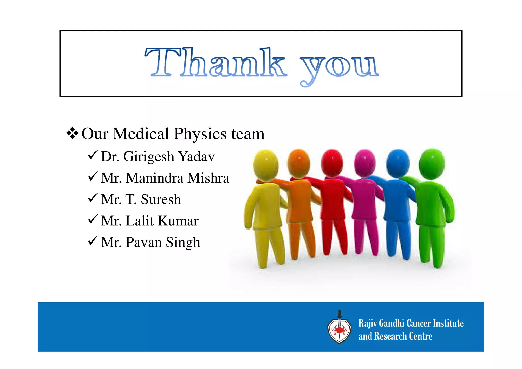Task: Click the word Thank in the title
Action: [215, 63]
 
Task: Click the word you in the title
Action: [339, 66]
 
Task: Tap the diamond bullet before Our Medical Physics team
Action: [72, 133]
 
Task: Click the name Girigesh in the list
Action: [149, 157]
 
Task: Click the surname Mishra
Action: [208, 178]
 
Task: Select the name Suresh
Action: [161, 199]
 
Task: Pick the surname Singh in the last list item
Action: [183, 243]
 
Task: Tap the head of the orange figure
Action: [298, 163]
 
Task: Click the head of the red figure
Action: [332, 163]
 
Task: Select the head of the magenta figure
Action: [365, 163]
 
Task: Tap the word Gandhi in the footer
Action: [392, 323]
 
